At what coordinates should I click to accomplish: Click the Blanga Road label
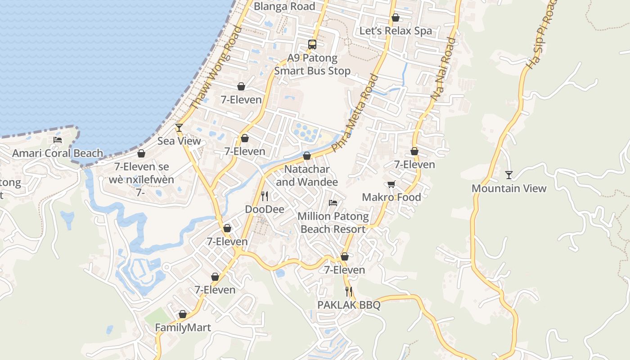[x=284, y=6]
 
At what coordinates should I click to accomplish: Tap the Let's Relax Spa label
[x=395, y=31]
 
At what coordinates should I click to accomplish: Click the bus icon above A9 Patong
[x=312, y=44]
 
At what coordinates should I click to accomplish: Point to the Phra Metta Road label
[x=355, y=112]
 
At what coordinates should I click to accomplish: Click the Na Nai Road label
[x=443, y=68]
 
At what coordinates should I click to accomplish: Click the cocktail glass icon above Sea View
[x=179, y=128]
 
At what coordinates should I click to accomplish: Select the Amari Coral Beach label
[x=58, y=153]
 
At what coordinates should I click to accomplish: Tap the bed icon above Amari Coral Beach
[x=58, y=140]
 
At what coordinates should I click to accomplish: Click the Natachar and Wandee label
[x=307, y=175]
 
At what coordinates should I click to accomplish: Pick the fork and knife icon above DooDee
[x=265, y=196]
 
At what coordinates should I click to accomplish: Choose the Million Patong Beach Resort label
[x=333, y=223]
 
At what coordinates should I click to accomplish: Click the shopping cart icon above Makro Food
[x=391, y=184]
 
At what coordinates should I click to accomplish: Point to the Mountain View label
[x=509, y=189]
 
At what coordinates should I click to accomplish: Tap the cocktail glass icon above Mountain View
[x=509, y=175]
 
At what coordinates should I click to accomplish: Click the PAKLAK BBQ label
[x=349, y=305]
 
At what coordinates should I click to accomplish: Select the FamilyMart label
[x=183, y=328]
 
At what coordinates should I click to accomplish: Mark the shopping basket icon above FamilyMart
[x=183, y=314]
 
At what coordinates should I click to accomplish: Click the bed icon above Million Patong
[x=333, y=203]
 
